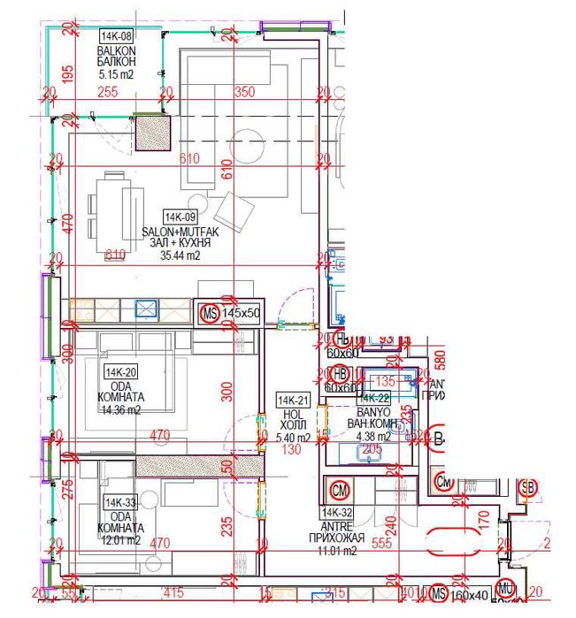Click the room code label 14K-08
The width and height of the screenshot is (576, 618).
(x=116, y=36)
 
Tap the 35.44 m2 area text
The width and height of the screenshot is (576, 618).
(x=180, y=256)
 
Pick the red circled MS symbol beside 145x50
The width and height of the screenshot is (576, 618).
(x=209, y=313)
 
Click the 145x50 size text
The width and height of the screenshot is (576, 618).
(x=241, y=313)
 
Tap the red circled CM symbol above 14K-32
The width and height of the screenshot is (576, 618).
(x=339, y=489)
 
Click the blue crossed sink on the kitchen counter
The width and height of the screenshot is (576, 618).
(x=145, y=309)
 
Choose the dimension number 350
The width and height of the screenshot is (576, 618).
(x=246, y=92)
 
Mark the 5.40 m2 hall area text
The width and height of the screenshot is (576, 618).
(x=293, y=438)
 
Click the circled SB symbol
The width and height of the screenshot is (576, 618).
(x=528, y=487)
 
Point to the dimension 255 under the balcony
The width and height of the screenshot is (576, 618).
(x=108, y=92)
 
